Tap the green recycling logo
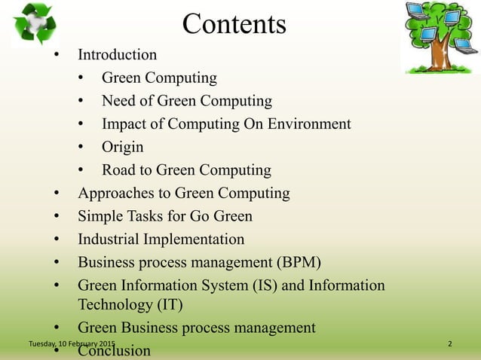pos(33,24)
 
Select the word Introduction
pos(118,55)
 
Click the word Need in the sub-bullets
pos(120,100)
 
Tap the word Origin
pos(123,147)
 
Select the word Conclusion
pos(115,351)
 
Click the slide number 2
pos(450,344)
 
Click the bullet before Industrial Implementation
pos(57,240)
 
